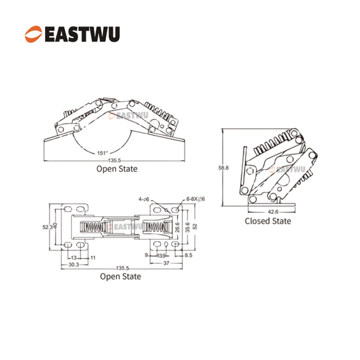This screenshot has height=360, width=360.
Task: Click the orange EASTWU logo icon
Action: (33, 34)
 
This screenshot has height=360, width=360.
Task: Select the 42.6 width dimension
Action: (273, 211)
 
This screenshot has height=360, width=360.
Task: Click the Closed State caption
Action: (268, 221)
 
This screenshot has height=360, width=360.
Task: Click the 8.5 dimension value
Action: (188, 256)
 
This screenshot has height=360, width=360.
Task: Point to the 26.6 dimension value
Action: (177, 227)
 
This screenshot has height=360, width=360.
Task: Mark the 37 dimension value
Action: (167, 264)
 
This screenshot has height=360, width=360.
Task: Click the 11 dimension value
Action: (93, 256)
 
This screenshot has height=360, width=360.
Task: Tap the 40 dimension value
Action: (56, 227)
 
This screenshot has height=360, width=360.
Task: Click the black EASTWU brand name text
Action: (81, 34)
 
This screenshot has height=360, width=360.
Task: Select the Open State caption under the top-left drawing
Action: (116, 168)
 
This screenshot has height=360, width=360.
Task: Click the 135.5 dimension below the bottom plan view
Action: (120, 268)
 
